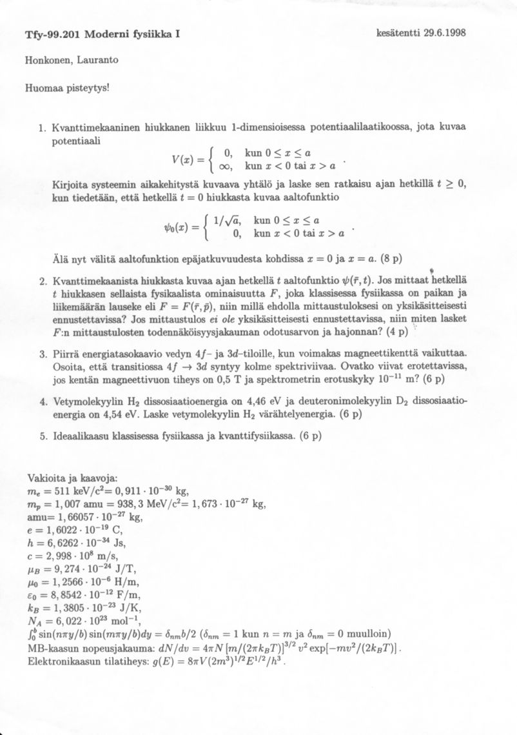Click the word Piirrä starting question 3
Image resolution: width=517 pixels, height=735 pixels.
tap(66, 354)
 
